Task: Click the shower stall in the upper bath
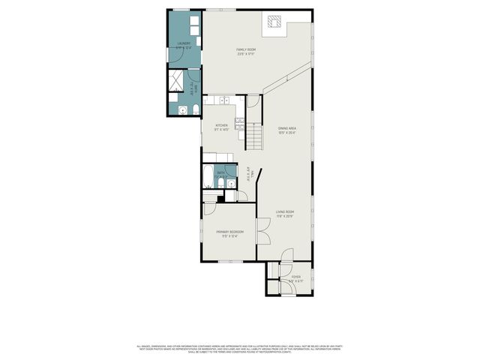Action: tap(178, 79)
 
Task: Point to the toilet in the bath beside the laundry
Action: tap(196, 110)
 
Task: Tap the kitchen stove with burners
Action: tap(240, 124)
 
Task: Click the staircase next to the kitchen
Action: tap(254, 136)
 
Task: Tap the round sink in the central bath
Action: tap(232, 183)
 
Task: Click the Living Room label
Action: tap(284, 214)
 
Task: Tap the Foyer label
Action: tap(296, 277)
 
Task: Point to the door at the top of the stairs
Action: tap(254, 102)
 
